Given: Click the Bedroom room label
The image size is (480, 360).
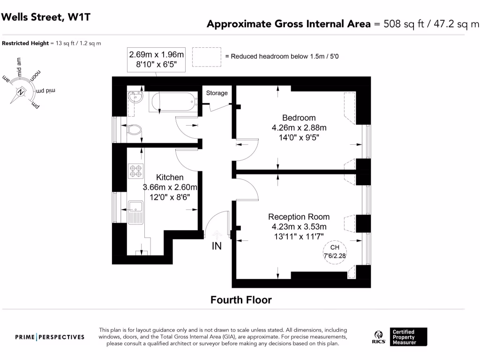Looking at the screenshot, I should coord(299,118).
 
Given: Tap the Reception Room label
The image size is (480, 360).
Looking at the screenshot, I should coord(299,217).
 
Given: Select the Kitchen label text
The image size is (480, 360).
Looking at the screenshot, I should coord(170,178).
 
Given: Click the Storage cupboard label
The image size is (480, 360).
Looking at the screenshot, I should coord(217,93).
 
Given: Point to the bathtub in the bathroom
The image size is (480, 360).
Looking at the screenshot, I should coord(171,102).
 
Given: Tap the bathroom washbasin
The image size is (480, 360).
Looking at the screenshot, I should coord(135,98).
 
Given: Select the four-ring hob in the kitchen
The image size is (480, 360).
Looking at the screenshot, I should coord(136,171).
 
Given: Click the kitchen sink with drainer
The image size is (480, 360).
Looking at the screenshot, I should coord(136,211).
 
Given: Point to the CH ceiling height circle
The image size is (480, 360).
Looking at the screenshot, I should coord(334,251).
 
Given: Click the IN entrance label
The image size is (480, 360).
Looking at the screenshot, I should coord(217,246).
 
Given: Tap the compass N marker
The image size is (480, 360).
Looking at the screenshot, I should coord(21,92).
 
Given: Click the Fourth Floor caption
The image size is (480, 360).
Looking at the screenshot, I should coord(241,300).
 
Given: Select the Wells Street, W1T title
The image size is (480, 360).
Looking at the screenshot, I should coord(46,17).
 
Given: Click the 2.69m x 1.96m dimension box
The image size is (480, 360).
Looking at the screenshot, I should coord(157,60).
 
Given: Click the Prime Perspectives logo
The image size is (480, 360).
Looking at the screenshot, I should coord(50,337).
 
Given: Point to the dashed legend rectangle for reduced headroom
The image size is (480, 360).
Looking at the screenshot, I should coord(206,56).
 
